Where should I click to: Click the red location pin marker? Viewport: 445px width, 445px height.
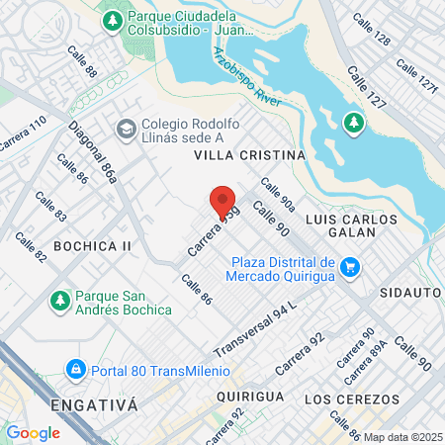pos(222,203)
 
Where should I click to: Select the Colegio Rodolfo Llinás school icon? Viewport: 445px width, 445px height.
pos(126,129)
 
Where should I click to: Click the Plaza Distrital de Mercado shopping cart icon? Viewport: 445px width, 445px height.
pos(349,267)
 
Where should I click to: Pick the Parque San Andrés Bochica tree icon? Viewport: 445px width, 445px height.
pos(60,300)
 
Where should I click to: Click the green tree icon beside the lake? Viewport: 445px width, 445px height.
pos(353,123)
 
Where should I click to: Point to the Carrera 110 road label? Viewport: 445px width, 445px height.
pos(22,133)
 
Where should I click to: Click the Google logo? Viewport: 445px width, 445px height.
pos(33,432)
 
